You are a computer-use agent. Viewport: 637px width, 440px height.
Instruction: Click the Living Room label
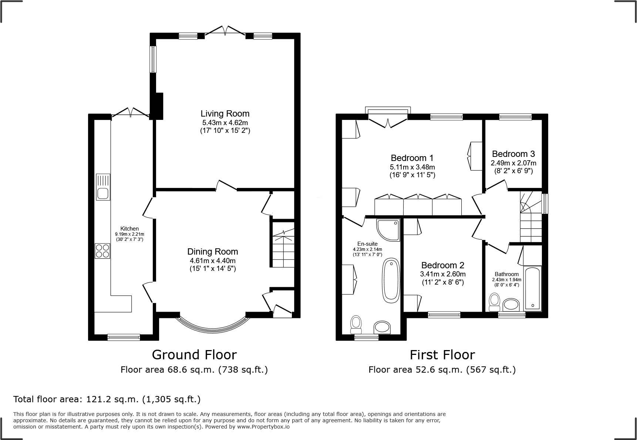[x=225, y=114]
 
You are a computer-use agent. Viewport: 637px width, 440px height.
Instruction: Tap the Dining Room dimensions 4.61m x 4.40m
[x=213, y=261]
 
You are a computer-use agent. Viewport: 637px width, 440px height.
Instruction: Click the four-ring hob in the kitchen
[x=102, y=251]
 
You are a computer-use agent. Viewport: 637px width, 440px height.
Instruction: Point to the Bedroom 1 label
[x=412, y=158]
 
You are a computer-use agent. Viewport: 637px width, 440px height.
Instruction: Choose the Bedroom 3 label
[x=513, y=154]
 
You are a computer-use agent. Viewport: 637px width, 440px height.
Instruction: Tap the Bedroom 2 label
[x=443, y=265]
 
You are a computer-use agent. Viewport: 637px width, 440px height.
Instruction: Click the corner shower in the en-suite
[x=388, y=230]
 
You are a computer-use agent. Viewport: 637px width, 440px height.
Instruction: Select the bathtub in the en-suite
[x=391, y=281]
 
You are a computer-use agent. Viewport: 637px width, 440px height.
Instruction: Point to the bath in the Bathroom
[x=532, y=288]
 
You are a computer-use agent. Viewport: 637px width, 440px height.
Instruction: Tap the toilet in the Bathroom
[x=494, y=302]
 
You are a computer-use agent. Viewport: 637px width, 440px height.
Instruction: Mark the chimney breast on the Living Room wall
[x=159, y=106]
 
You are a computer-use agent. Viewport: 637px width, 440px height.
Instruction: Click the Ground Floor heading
[x=194, y=355]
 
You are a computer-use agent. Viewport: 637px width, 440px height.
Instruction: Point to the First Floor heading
[x=442, y=355]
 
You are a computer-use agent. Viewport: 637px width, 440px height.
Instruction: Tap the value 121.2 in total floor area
[x=98, y=399]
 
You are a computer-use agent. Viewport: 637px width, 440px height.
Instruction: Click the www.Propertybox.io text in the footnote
[x=263, y=427]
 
